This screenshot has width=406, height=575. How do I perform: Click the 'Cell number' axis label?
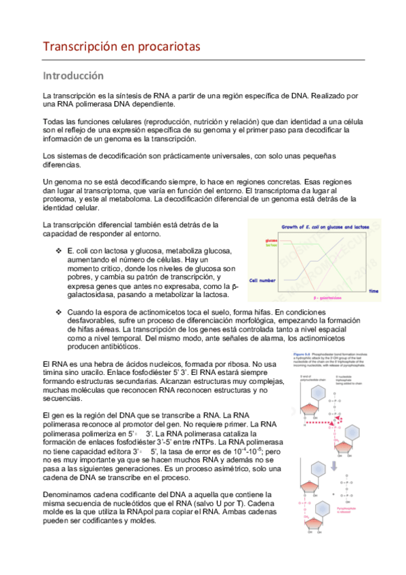point(263,279)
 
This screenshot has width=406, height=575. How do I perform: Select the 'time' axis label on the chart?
point(373,290)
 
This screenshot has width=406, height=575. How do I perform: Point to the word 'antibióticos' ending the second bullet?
point(114,346)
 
